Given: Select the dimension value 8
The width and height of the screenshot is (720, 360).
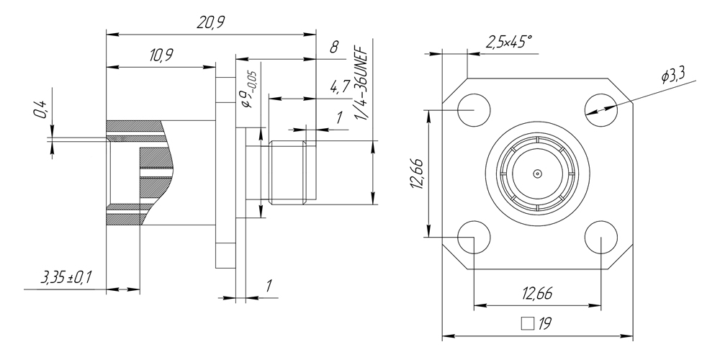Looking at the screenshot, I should (333, 48).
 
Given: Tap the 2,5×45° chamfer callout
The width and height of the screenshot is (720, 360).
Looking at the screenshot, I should (509, 42).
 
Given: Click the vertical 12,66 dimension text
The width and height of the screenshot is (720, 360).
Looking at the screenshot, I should (415, 174).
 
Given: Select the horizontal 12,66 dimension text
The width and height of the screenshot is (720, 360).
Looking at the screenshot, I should (537, 293).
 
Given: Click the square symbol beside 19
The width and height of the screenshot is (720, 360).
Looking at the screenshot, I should (528, 323).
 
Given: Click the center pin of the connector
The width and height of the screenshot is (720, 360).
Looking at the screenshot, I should (537, 174).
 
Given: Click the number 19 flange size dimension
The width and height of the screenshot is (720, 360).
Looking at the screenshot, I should (544, 323).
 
